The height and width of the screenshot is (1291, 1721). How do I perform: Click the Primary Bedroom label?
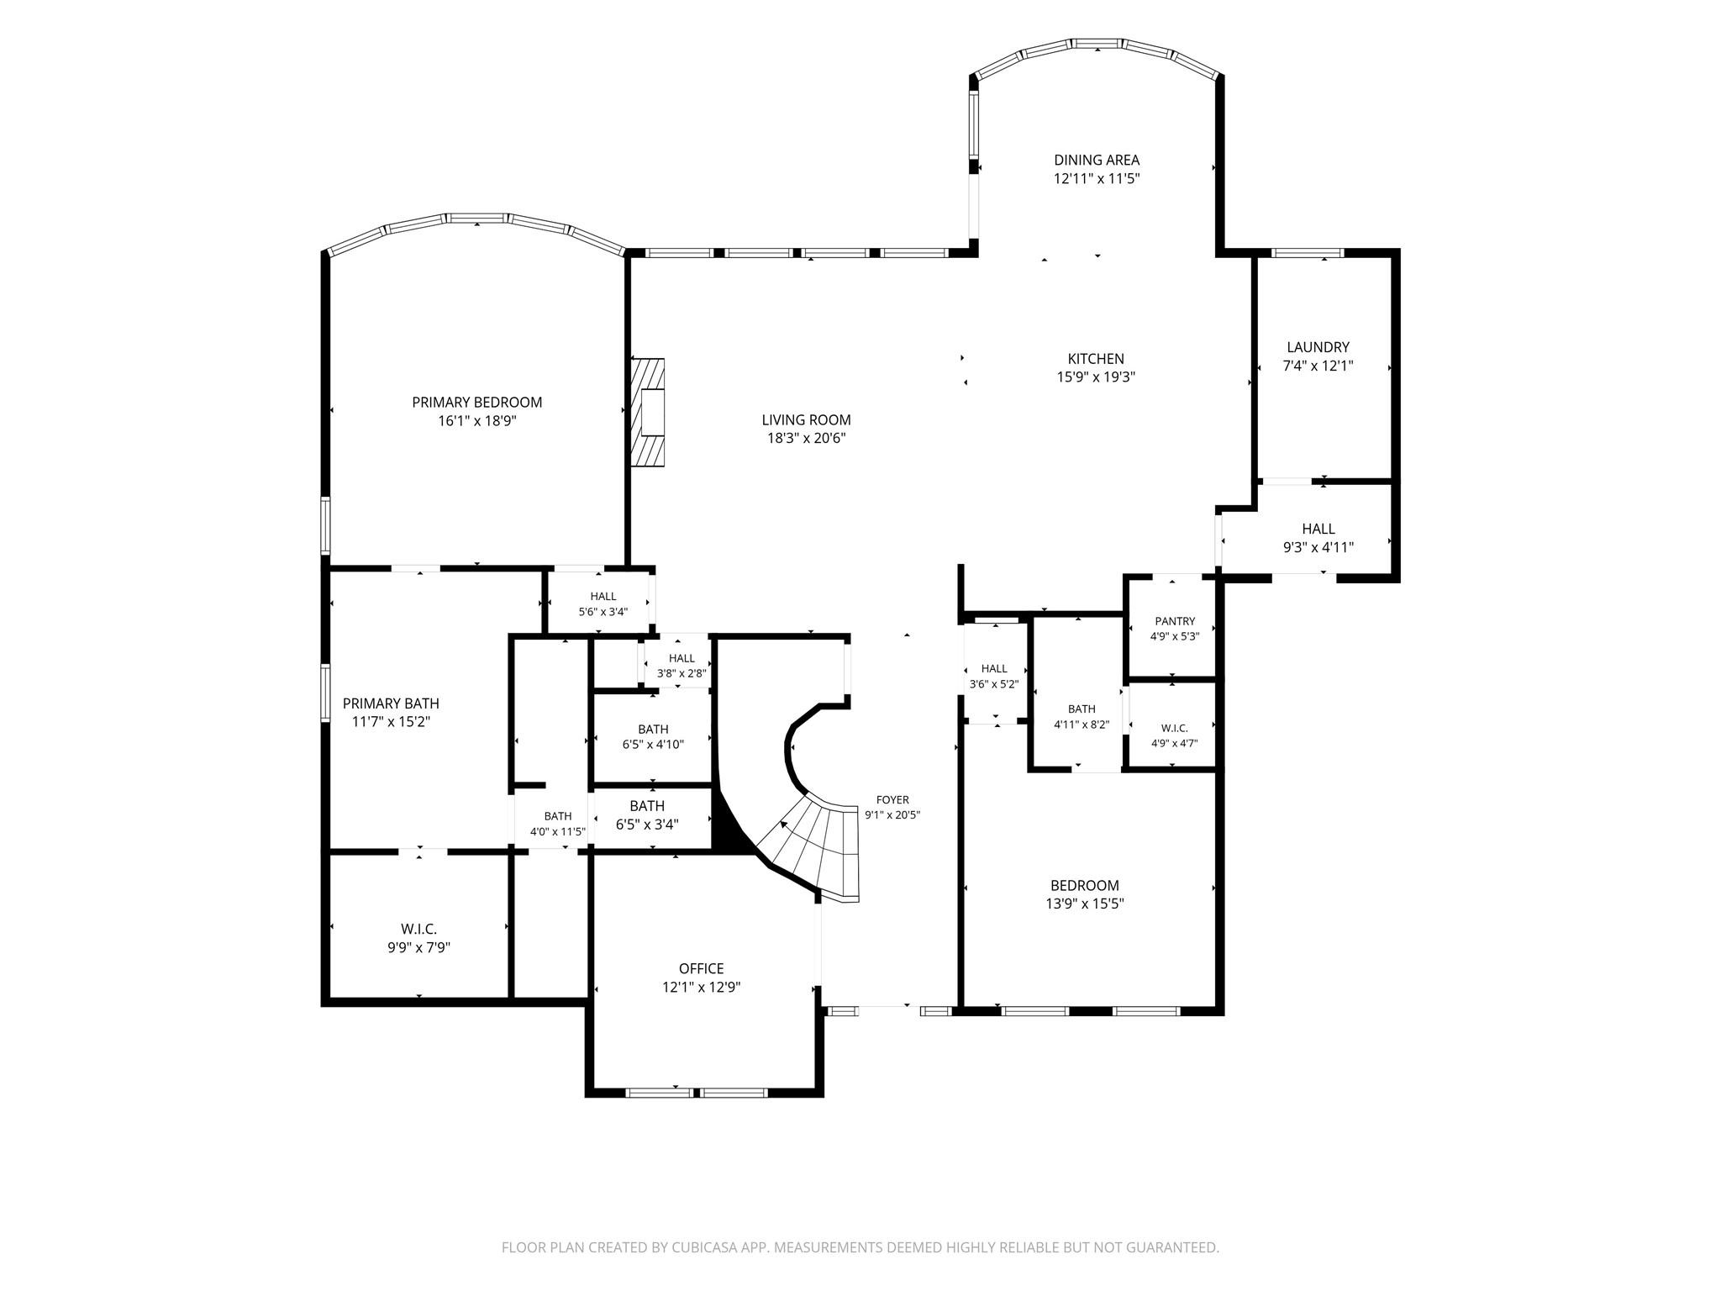[x=476, y=403]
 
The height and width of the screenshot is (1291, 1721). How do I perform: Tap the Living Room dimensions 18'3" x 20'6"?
[x=806, y=439]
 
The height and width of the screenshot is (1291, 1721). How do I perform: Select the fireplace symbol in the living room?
[x=648, y=412]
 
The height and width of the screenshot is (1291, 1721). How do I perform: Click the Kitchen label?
[x=1096, y=359]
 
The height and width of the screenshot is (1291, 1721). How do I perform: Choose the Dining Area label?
[x=1097, y=160]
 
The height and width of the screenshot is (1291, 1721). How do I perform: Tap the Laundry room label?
[x=1318, y=347]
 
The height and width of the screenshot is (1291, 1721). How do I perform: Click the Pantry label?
[x=1174, y=622]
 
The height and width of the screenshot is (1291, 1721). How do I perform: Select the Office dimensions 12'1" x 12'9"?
[x=701, y=988]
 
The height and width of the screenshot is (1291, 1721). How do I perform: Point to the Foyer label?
[x=892, y=800]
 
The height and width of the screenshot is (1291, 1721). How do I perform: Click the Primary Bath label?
[x=391, y=703]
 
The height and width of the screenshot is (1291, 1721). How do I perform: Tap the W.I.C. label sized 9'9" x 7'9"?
[x=418, y=929]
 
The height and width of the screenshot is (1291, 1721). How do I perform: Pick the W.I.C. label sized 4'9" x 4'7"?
[x=1174, y=728]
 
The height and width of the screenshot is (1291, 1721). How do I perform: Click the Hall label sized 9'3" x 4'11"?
[x=1318, y=529]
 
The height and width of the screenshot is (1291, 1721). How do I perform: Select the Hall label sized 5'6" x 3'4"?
[x=603, y=597]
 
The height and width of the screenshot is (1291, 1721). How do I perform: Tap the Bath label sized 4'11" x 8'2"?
[x=1082, y=709]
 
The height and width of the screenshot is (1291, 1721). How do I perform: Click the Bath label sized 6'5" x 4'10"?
[x=653, y=730]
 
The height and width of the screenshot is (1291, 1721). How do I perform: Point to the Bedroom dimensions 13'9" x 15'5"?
[x=1084, y=904]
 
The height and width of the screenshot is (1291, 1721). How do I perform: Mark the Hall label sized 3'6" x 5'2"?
[x=994, y=669]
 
